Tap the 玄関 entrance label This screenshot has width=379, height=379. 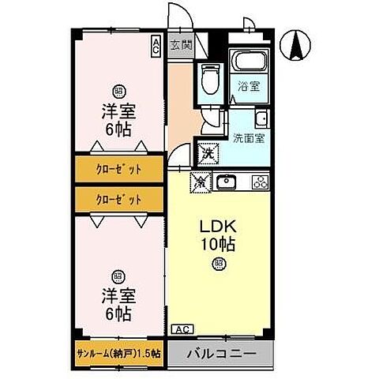point(180,46)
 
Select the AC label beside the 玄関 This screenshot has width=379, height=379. point(156,45)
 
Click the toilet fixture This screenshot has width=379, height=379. point(209,80)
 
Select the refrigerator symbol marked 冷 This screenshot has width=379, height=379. point(201,182)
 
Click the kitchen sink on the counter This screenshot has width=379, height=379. point(227,182)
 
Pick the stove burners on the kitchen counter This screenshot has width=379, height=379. point(259,182)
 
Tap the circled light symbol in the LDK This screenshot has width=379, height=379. point(218,263)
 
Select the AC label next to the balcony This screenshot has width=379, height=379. point(181,329)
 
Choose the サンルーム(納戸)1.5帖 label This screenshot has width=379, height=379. point(118,354)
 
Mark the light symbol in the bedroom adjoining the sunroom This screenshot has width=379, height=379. point(118,276)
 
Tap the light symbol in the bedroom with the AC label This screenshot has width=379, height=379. point(118,90)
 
